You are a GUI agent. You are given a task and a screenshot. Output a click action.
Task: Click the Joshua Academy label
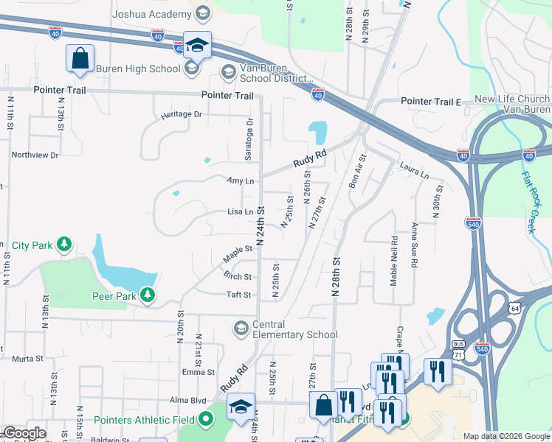[x=151, y=13]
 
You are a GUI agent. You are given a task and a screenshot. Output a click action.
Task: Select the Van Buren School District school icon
[x=228, y=72]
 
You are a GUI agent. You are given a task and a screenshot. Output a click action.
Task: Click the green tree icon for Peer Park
[x=148, y=295]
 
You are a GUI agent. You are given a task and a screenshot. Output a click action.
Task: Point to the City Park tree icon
[x=65, y=244]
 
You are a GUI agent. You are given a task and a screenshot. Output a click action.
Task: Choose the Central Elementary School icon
[x=241, y=327]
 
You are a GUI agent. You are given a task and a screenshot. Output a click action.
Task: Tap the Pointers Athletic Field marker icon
[x=205, y=420]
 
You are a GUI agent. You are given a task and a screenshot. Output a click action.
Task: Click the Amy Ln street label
[x=241, y=180]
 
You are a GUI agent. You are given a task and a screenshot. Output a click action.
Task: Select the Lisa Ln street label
[x=241, y=211]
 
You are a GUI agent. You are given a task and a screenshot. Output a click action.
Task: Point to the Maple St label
[x=238, y=254]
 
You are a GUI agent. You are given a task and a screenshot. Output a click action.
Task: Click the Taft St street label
[x=239, y=294]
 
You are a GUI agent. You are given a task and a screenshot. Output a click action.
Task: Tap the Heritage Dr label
[x=182, y=114]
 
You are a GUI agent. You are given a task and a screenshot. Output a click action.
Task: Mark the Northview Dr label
[x=35, y=155]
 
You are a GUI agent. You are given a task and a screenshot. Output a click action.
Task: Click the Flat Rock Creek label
[x=528, y=203]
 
